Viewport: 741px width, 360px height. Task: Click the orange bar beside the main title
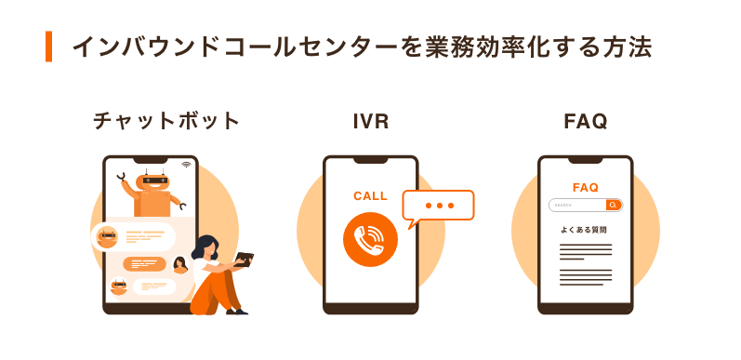pyautogui.click(x=48, y=47)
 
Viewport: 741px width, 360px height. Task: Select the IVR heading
pyautogui.click(x=370, y=121)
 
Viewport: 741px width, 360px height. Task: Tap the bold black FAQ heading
pyautogui.click(x=585, y=121)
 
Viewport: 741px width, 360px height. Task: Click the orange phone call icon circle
pyautogui.click(x=370, y=240)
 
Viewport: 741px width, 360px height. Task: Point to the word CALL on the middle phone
pyautogui.click(x=370, y=196)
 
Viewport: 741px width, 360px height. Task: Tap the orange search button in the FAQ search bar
pyautogui.click(x=613, y=205)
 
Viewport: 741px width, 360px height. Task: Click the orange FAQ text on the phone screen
pyautogui.click(x=585, y=187)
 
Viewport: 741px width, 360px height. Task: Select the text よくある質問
pyautogui.click(x=585, y=229)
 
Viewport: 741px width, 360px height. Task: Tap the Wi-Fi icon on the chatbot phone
pyautogui.click(x=186, y=165)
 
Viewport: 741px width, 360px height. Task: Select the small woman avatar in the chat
pyautogui.click(x=179, y=264)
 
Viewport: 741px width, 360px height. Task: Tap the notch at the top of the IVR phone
pyautogui.click(x=370, y=159)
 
